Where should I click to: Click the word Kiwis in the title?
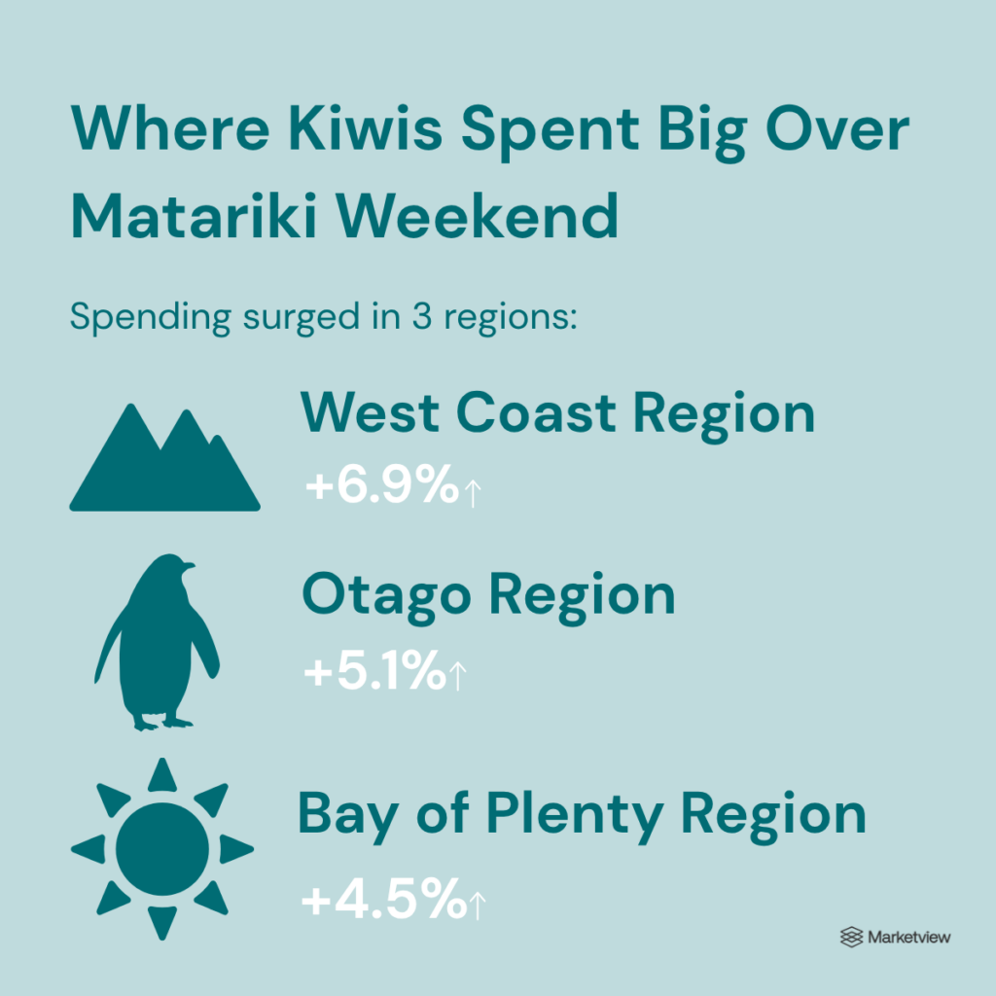[x=366, y=128]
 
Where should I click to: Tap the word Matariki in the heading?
[x=194, y=216]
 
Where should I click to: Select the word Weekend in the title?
[x=477, y=216]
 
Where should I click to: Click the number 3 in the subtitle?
[x=422, y=316]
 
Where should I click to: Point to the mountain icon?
[x=164, y=457]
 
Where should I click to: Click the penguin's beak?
[x=189, y=564]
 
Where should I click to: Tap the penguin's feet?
[x=162, y=723]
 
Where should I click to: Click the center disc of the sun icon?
[x=162, y=849]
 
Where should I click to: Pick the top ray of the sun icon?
[x=162, y=775]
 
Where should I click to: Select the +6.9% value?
[x=381, y=484]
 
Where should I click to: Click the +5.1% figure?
[x=374, y=669]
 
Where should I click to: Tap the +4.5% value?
[x=383, y=898]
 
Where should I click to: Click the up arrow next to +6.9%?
[x=473, y=493]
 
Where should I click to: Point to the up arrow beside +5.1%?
[x=457, y=676]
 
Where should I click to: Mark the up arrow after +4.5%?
[x=477, y=906]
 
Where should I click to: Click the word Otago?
[x=386, y=595]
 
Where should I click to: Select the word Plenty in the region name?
[x=575, y=815]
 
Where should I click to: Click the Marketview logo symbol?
[x=851, y=937]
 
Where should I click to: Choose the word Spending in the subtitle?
[x=151, y=317]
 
